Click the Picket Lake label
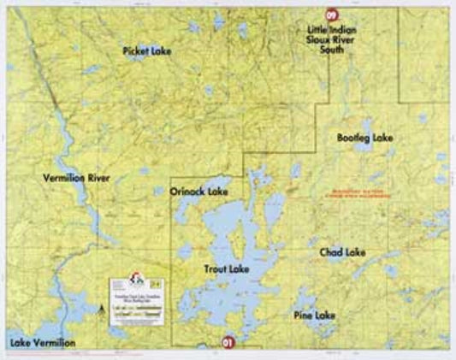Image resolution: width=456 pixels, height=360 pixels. pyautogui.click(x=146, y=51)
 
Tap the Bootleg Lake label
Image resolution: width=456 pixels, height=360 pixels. pyautogui.click(x=364, y=138)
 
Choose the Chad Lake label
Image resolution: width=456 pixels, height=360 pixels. pyautogui.click(x=342, y=253)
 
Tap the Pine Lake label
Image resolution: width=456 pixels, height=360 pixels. pyautogui.click(x=314, y=316)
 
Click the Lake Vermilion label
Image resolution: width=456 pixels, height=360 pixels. pyautogui.click(x=42, y=343)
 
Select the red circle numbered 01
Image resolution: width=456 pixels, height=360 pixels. pyautogui.click(x=227, y=342)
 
